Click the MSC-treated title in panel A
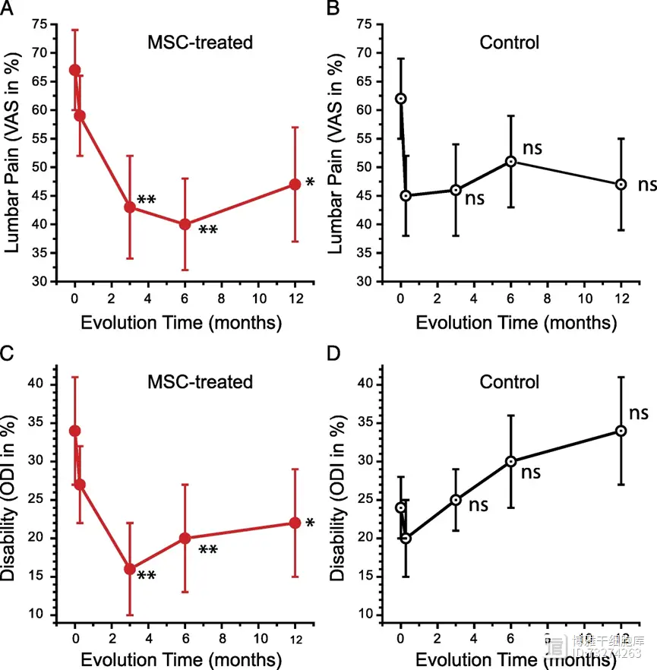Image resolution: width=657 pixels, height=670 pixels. (x=200, y=42)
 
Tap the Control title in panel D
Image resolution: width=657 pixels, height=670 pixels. (x=509, y=381)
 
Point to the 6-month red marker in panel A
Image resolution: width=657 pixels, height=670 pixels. (x=185, y=224)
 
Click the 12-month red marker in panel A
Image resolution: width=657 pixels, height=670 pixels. (x=295, y=185)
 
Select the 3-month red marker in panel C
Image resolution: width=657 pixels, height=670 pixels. (x=130, y=568)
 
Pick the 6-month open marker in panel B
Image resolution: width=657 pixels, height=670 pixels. (x=511, y=161)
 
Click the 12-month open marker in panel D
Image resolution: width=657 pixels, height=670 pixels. (x=621, y=431)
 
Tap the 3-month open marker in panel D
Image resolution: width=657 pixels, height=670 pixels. (x=456, y=500)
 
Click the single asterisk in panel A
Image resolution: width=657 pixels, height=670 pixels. (x=310, y=183)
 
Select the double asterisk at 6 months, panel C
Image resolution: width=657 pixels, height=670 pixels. (x=210, y=548)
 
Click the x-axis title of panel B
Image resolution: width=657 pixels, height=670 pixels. (x=516, y=323)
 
